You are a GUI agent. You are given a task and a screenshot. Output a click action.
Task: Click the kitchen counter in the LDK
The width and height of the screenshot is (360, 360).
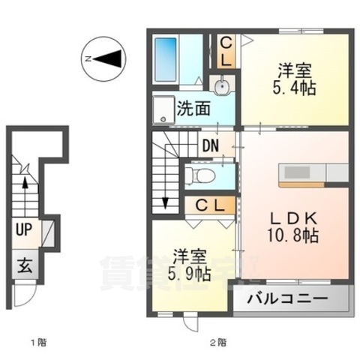305,174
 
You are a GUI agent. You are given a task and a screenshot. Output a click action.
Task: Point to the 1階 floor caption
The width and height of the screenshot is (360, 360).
38,344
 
